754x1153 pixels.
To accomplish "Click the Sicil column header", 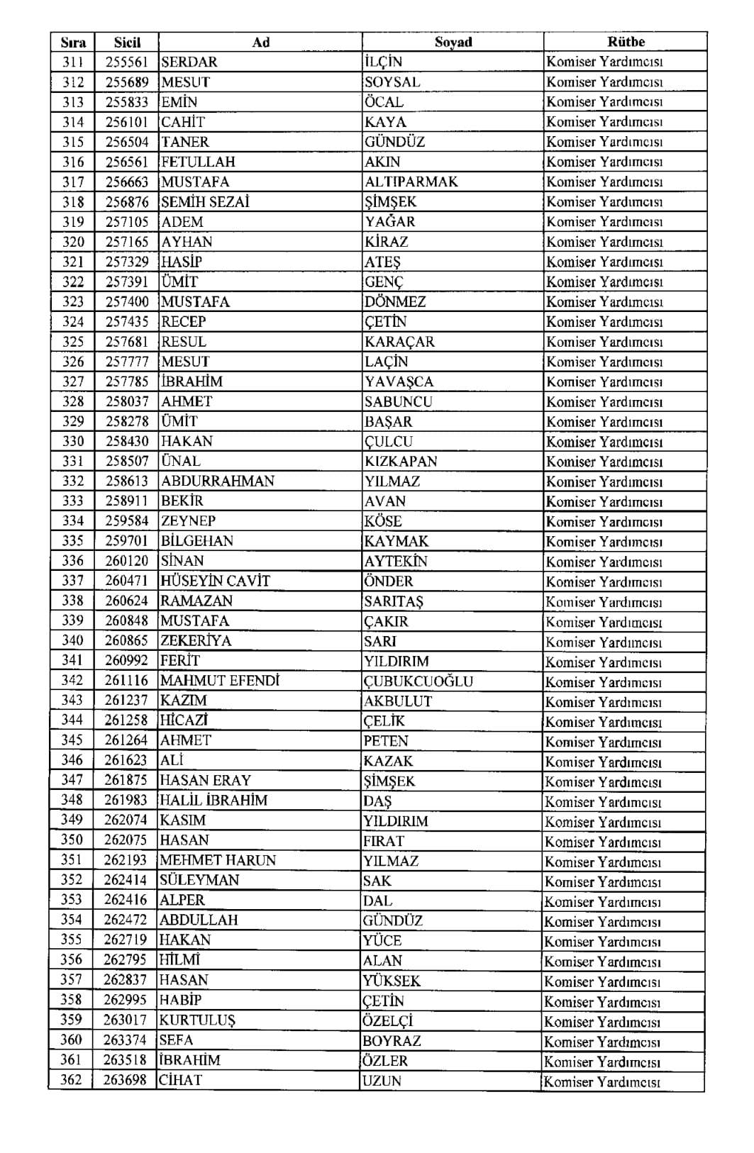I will [x=127, y=42].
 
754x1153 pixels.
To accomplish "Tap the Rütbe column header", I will [x=626, y=42].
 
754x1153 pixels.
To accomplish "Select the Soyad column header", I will [x=453, y=42].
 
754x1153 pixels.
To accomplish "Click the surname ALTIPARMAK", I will [x=411, y=182].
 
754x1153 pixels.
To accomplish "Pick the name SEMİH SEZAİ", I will [x=205, y=202].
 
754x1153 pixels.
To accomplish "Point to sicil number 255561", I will [x=127, y=62].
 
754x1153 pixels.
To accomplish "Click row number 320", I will [x=73, y=242].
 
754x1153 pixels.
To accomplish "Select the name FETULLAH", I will [x=198, y=162].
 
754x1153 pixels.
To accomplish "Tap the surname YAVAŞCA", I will [x=399, y=381].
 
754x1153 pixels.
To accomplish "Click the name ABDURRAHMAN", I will [x=217, y=481].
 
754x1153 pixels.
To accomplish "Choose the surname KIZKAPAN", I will [x=401, y=461].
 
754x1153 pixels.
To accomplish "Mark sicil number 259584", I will [x=127, y=521].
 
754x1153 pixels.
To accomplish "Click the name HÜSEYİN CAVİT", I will [x=215, y=581].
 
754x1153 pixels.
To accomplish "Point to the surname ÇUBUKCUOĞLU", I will [x=418, y=681].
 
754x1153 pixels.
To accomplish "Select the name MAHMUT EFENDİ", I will [x=219, y=681].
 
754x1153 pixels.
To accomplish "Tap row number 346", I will [x=72, y=760].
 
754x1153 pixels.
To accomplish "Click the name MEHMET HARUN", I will [x=217, y=860].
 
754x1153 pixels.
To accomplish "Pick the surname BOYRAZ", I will [x=392, y=1041].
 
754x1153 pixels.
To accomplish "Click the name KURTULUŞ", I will [x=197, y=1020].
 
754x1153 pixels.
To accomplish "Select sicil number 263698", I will [x=125, y=1080].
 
